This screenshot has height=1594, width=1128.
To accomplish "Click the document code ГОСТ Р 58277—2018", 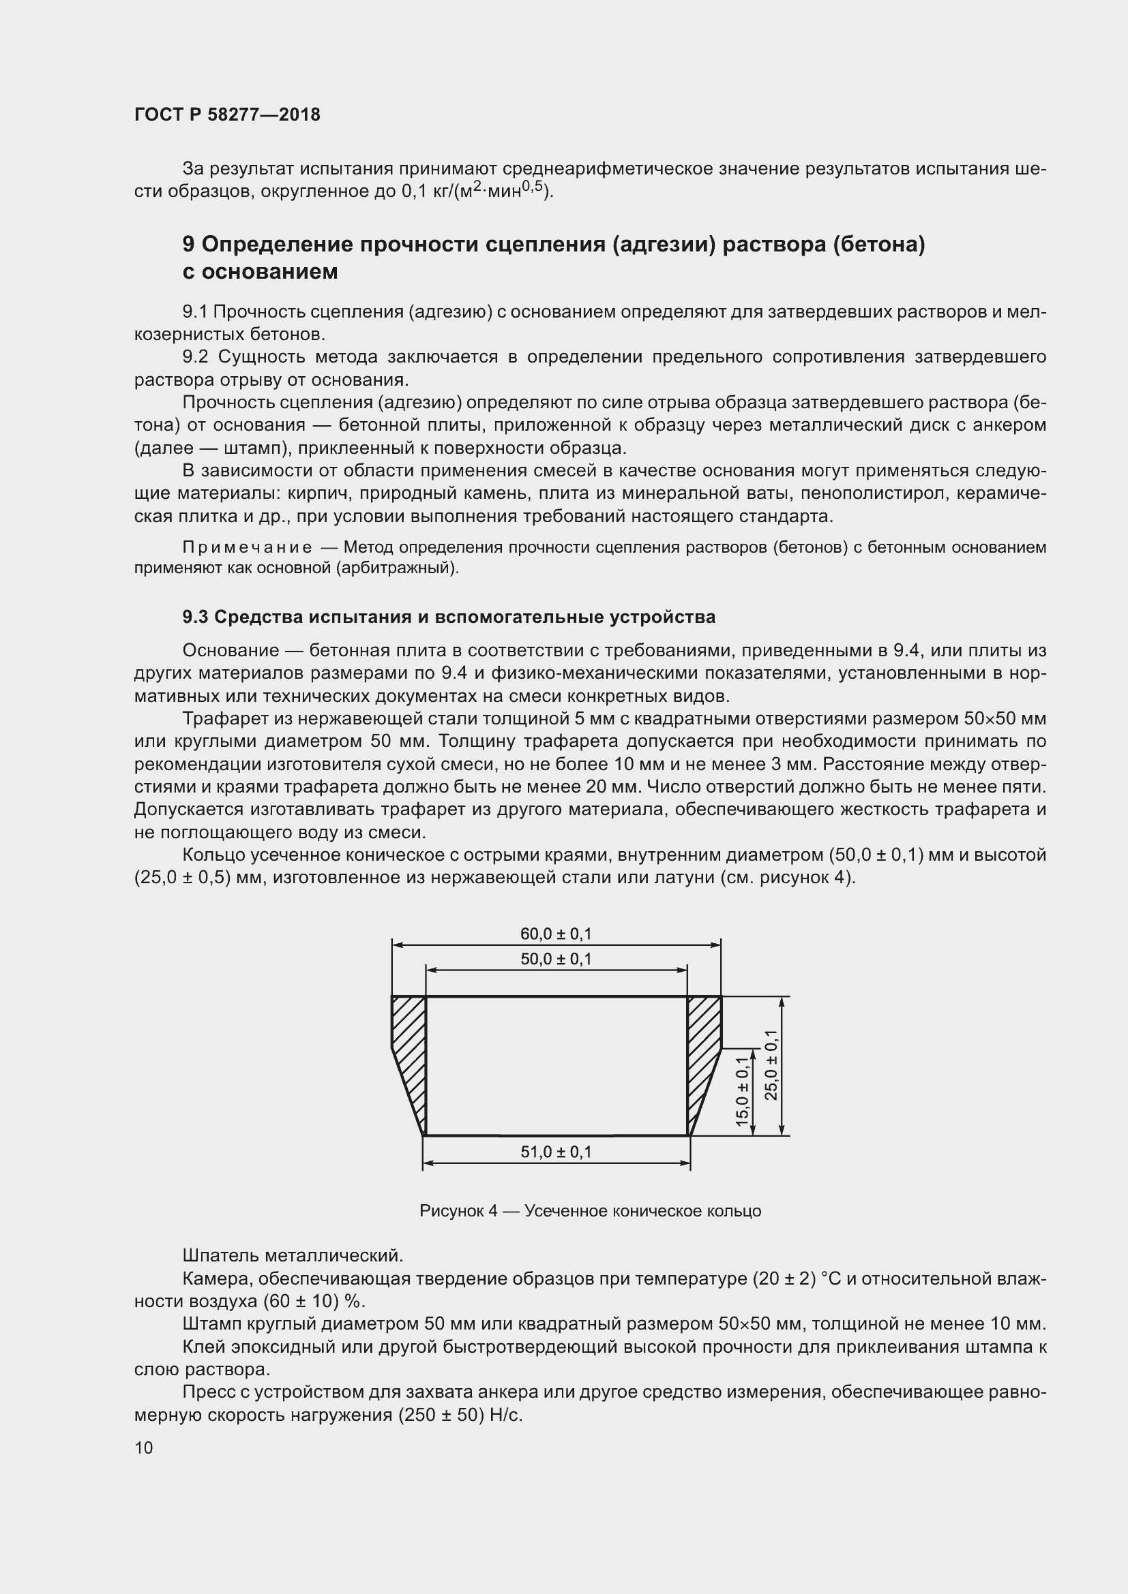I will [227, 114].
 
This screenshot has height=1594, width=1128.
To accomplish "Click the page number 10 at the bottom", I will [144, 1447].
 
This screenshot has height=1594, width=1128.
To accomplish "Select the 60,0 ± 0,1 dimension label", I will [556, 934].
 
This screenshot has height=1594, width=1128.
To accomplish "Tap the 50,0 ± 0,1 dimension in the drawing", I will [556, 959].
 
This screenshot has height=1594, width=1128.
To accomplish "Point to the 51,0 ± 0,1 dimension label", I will [556, 1152].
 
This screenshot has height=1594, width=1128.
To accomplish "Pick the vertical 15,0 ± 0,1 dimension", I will [742, 1091].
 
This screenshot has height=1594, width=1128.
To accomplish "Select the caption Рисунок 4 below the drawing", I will [458, 1211].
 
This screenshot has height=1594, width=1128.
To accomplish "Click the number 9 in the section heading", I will [188, 245].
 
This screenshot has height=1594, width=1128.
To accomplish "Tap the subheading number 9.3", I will [194, 617].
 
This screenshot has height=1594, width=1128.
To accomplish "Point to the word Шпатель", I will [220, 1255].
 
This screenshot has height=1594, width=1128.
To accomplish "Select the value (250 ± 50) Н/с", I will [460, 1415].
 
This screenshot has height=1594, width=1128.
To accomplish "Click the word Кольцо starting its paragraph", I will [213, 855].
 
